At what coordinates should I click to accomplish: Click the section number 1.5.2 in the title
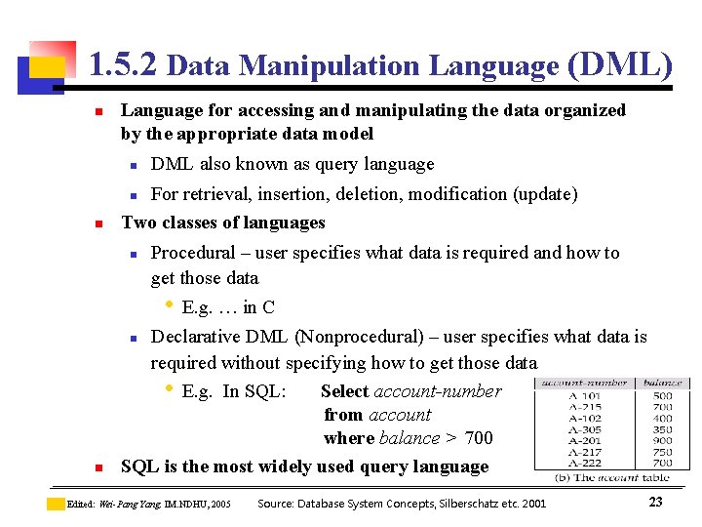[123, 65]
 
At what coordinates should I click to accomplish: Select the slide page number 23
[655, 502]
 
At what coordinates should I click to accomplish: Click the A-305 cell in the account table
[585, 429]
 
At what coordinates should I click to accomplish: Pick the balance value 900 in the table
[663, 440]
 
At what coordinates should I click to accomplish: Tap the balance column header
[663, 383]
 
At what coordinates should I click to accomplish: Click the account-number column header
[585, 383]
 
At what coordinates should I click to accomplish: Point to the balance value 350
[663, 429]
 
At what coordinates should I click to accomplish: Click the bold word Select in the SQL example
[344, 391]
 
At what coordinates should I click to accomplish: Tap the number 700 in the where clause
[479, 438]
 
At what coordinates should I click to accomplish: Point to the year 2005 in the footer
[220, 505]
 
